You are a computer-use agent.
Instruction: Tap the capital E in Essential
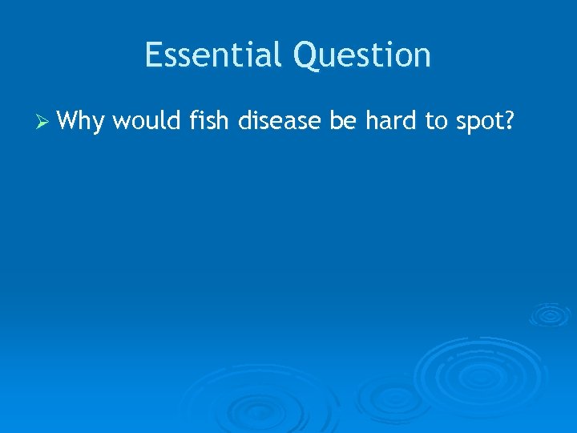pyautogui.click(x=153, y=55)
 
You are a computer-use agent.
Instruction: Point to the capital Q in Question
pyautogui.click(x=306, y=55)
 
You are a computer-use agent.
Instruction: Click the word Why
pyautogui.click(x=82, y=122)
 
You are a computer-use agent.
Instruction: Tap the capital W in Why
pyautogui.click(x=70, y=122)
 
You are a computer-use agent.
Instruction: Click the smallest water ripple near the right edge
pyautogui.click(x=549, y=314)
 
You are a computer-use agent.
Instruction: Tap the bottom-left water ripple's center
pyautogui.click(x=256, y=409)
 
